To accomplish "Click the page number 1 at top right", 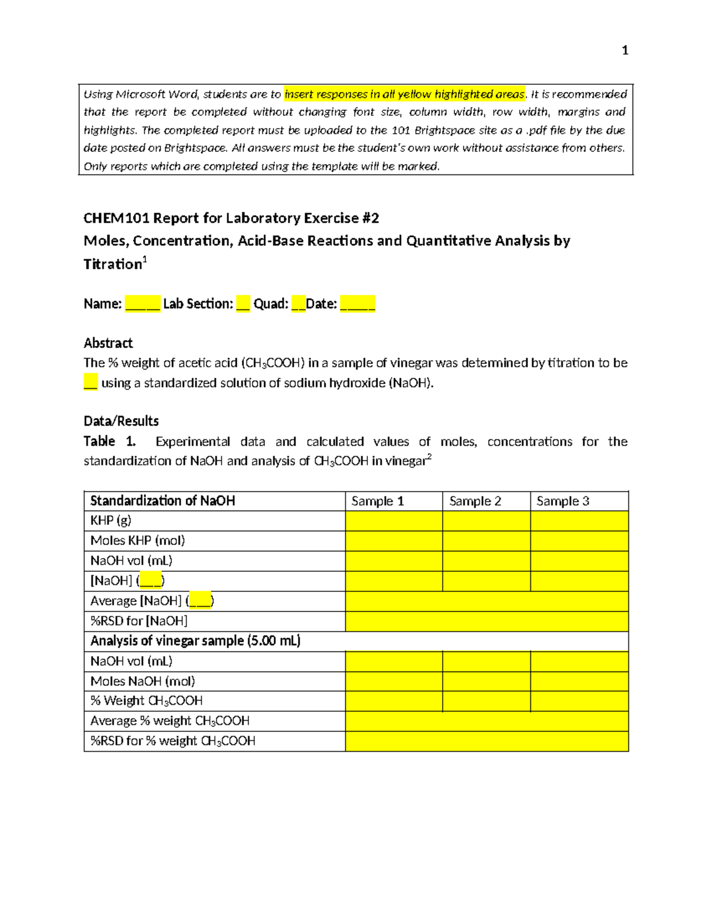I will click(624, 50).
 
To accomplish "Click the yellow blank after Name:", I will click(142, 304).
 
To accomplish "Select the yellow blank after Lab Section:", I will click(243, 304).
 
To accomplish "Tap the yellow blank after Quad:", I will click(298, 304).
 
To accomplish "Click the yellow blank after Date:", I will click(357, 304).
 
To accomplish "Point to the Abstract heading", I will click(108, 343).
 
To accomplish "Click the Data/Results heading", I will click(121, 421).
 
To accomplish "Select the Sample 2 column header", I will click(475, 501).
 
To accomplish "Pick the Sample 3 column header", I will click(562, 501).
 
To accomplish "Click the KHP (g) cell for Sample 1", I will click(393, 521).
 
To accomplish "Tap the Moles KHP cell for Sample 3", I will click(579, 541).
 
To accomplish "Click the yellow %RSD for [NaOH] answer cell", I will click(487, 621).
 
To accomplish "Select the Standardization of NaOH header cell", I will click(163, 501).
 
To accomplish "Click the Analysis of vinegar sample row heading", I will click(195, 641).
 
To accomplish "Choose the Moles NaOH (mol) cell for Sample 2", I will click(486, 682).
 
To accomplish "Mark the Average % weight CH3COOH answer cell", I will click(487, 721).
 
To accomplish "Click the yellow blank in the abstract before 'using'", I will click(90, 382).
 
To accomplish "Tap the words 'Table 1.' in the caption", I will click(110, 441).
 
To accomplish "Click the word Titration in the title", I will click(113, 264).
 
